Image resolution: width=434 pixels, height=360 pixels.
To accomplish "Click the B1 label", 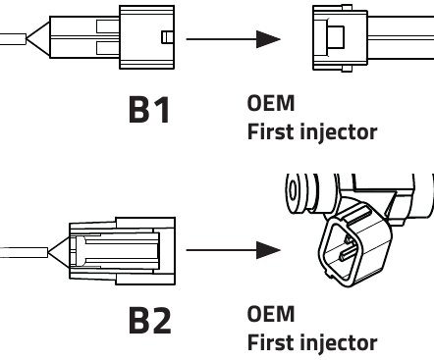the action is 149,110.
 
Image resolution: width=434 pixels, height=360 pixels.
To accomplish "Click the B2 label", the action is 149,321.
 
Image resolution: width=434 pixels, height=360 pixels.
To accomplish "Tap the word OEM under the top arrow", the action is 271,103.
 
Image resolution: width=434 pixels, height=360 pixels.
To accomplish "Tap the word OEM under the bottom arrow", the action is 271,314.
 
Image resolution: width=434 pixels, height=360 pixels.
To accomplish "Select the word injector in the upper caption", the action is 339,132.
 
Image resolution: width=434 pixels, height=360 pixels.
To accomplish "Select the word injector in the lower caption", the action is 339,343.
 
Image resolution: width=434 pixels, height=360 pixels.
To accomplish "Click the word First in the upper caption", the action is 271,131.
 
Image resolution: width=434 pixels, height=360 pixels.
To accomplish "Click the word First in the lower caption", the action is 271,342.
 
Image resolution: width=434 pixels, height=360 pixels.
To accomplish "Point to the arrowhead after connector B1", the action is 268,39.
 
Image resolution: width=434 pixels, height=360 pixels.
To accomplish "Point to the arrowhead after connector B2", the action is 268,250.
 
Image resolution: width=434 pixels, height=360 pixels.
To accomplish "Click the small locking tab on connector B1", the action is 168,37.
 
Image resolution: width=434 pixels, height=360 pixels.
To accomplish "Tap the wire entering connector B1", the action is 13,39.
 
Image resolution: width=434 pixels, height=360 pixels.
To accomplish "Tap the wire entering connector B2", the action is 24,252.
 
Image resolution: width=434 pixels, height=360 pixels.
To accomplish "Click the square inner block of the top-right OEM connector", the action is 336,37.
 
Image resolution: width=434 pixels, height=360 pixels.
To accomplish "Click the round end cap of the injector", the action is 294,192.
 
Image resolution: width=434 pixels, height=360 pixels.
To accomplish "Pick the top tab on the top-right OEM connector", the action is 347,8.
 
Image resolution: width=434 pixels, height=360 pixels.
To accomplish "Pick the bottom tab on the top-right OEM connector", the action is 347,69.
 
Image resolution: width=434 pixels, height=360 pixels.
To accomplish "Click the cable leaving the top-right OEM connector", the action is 401,37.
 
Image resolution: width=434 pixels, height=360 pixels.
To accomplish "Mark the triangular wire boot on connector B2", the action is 59,252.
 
